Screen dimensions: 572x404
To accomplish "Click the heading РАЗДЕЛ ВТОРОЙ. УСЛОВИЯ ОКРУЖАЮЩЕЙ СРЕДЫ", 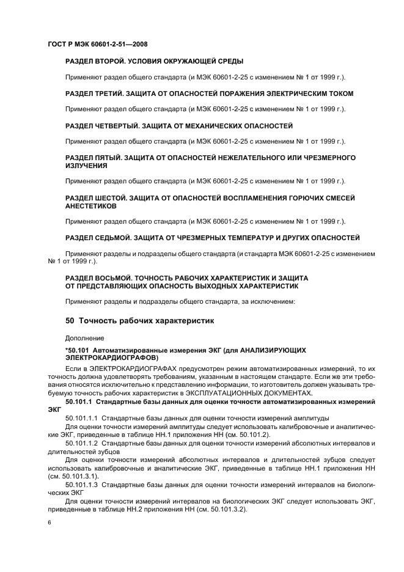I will pyautogui.click(x=155, y=61).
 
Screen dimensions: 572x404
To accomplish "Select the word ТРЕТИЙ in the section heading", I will pyautogui.click(x=113, y=94).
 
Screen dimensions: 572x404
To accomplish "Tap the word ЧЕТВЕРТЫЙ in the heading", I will pyautogui.click(x=122, y=126).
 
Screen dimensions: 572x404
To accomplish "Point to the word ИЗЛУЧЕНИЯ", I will pyautogui.click(x=87, y=166).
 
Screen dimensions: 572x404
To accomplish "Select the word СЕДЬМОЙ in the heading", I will pyautogui.click(x=117, y=238).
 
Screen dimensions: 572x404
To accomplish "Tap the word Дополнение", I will pyautogui.click(x=85, y=337).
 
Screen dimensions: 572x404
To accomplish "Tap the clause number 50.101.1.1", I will pyautogui.click(x=82, y=417).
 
